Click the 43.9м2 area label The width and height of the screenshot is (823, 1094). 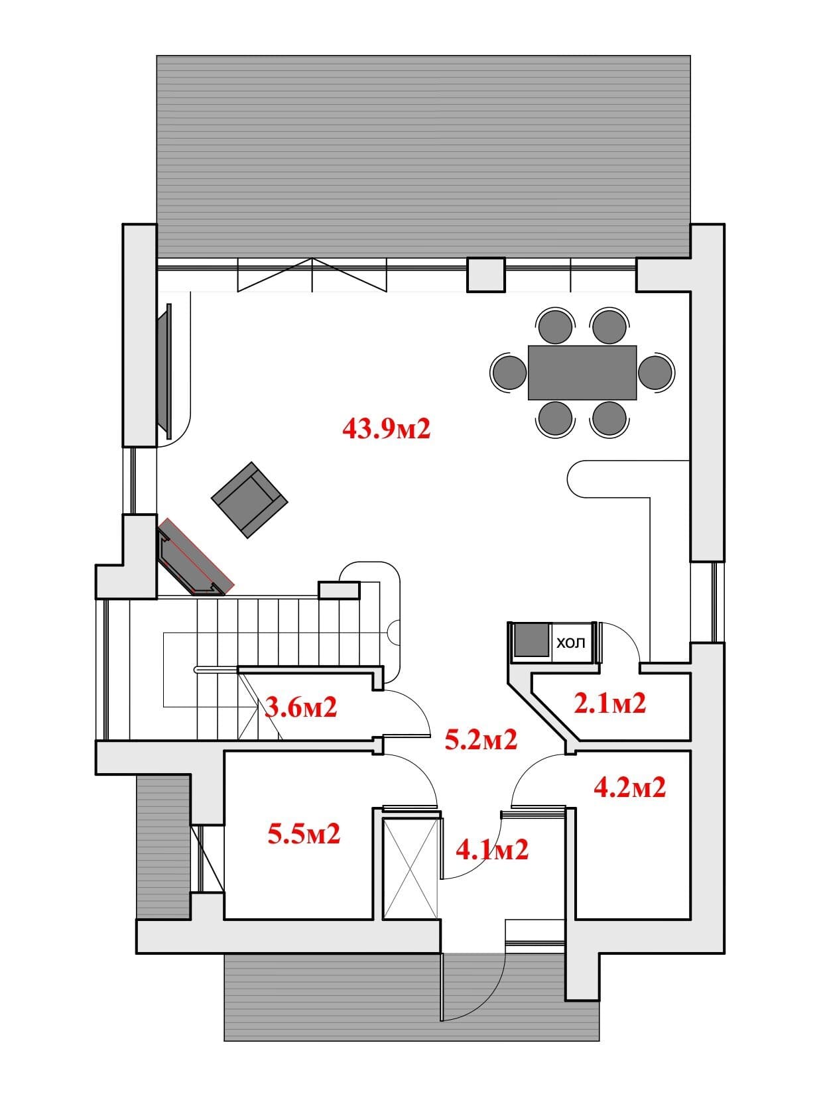[387, 428]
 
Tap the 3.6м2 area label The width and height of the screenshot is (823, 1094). [300, 707]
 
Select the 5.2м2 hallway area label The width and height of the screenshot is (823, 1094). [481, 739]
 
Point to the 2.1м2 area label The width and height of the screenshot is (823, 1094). [610, 703]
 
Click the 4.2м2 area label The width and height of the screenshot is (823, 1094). [630, 788]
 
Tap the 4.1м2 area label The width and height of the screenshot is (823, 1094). [493, 850]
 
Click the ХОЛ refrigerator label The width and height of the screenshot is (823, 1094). [571, 643]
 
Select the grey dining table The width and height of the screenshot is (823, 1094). [582, 373]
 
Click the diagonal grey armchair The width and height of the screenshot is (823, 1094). [249, 500]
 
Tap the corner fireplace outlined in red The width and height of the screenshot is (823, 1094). [196, 557]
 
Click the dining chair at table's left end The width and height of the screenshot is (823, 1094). [509, 372]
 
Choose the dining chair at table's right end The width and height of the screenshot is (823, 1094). [657, 372]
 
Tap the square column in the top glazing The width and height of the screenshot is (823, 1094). [486, 274]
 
